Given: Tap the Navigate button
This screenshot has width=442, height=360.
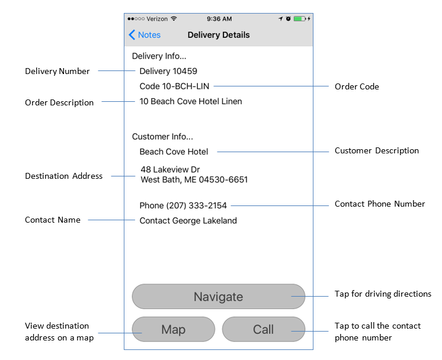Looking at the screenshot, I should pyautogui.click(x=218, y=297).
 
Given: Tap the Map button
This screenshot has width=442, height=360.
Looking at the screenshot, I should pyautogui.click(x=173, y=329).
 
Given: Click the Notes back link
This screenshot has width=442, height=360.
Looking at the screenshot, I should pyautogui.click(x=145, y=35).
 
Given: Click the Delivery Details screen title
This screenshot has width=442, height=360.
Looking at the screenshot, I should pyautogui.click(x=219, y=35).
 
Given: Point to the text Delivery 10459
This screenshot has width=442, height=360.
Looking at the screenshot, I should pyautogui.click(x=168, y=71).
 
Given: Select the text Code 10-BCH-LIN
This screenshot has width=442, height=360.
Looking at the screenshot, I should pyautogui.click(x=174, y=86).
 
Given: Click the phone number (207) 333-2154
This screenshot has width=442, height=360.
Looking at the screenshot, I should pyautogui.click(x=196, y=205).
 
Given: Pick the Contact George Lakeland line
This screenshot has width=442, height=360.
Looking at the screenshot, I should pyautogui.click(x=188, y=221).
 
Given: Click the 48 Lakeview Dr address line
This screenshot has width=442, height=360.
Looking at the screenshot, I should pyautogui.click(x=170, y=170).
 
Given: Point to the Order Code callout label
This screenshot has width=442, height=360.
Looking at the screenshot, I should pyautogui.click(x=357, y=86).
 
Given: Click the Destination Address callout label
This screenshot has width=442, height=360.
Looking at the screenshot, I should pyautogui.click(x=63, y=176).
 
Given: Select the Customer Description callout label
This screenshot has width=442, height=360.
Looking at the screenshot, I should pyautogui.click(x=376, y=151).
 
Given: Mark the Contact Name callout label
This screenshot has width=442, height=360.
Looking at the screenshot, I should pyautogui.click(x=52, y=220).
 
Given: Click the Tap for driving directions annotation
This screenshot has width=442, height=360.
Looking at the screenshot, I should pyautogui.click(x=383, y=294).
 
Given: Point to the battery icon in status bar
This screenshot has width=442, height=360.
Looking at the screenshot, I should pyautogui.click(x=299, y=19).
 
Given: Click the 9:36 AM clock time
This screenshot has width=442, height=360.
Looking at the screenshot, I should pyautogui.click(x=220, y=19).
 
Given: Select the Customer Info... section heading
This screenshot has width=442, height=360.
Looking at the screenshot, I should pyautogui.click(x=162, y=137).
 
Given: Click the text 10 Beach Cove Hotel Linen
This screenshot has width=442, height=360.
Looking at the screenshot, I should pyautogui.click(x=191, y=101).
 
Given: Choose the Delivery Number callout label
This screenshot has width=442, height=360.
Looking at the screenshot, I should pyautogui.click(x=57, y=71).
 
